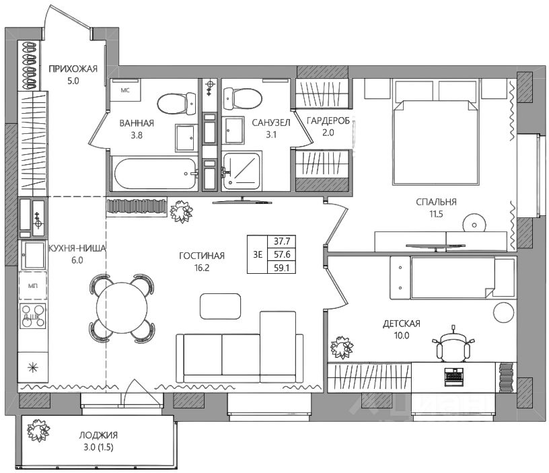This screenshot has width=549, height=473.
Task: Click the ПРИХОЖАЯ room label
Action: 73,69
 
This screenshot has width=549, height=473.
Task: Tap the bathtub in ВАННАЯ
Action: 155,174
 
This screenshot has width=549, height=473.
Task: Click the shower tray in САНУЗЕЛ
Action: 242,171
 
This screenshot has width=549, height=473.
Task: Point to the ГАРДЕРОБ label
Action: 328,121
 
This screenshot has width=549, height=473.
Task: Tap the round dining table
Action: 122,307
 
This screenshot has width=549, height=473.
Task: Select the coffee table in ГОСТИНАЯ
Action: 220,306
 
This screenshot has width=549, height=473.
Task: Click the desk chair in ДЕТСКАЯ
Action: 453,344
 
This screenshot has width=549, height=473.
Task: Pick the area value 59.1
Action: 282,268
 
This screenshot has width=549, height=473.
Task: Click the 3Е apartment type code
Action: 258,254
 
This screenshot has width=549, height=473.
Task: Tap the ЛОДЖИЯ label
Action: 98,435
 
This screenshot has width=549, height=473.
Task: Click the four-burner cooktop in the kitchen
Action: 33,316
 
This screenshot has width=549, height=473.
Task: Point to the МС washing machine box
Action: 125,90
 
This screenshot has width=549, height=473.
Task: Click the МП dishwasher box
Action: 33,286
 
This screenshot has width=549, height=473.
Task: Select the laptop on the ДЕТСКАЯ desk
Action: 453,377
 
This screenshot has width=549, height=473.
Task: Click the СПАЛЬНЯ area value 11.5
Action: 436,214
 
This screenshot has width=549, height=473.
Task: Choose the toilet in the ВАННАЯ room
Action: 177,104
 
